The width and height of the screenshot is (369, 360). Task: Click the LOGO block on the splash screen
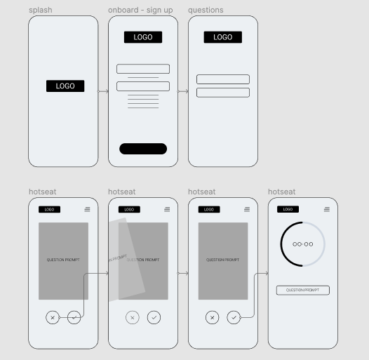[65, 86]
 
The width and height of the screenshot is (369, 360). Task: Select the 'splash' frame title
[41, 11]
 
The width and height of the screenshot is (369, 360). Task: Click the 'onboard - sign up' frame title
[140, 11]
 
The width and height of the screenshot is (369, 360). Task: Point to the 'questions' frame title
[206, 11]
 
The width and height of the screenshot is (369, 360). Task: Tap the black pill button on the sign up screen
[143, 149]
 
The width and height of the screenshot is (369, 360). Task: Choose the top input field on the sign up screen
[143, 69]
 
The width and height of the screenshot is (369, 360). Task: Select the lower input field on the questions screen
[223, 93]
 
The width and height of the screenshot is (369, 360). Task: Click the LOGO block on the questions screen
[223, 37]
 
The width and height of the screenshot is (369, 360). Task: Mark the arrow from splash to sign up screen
[103, 91]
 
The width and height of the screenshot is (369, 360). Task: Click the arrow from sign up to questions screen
[183, 91]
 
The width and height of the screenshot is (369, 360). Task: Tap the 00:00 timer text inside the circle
[303, 244]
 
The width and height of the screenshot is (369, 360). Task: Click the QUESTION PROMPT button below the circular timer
[303, 290]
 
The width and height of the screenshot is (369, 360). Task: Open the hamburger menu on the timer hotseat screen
[327, 209]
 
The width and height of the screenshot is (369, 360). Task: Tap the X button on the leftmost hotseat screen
[53, 318]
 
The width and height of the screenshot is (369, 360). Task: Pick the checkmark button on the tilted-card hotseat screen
[154, 318]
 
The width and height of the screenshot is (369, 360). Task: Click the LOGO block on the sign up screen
[143, 37]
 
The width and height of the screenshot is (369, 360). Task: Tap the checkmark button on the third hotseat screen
[234, 318]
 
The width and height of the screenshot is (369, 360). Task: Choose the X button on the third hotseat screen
[212, 318]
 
